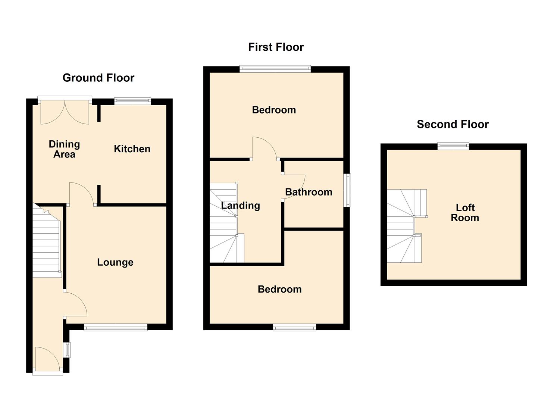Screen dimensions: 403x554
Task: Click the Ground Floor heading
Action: [x=98, y=78]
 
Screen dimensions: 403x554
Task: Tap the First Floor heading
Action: [x=276, y=47]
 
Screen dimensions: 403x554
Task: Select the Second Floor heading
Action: [x=453, y=124]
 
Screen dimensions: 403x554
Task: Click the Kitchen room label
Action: [x=132, y=149]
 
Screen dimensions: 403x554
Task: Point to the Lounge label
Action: [x=115, y=262]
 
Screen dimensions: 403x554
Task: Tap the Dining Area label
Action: [x=64, y=149]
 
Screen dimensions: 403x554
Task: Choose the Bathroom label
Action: [x=309, y=192]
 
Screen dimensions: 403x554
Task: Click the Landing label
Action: [x=240, y=206]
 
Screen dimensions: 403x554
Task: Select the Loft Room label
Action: [x=465, y=213]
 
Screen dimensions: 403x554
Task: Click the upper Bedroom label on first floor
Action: [x=274, y=110]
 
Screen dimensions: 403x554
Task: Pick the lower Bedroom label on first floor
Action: [x=279, y=289]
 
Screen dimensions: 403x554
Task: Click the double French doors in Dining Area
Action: [x=65, y=111]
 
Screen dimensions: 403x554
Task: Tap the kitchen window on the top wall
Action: [x=132, y=100]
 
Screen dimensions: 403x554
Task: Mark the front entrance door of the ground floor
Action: [x=47, y=360]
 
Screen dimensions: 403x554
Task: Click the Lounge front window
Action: [x=116, y=328]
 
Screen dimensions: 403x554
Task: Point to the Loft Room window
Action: [x=453, y=146]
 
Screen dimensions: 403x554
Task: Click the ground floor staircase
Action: [x=47, y=243]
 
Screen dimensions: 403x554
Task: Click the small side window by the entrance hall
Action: [x=67, y=350]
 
